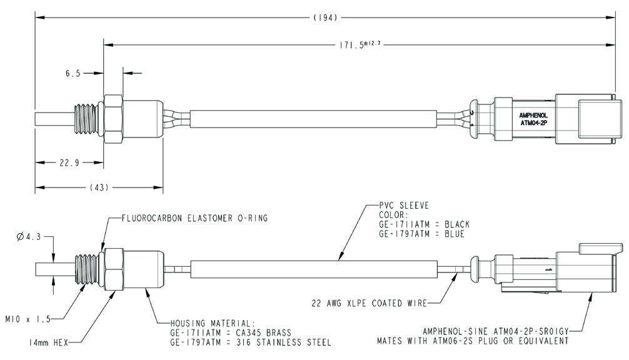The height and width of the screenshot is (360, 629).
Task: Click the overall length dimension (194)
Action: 325,19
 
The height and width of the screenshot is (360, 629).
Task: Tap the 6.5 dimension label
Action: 73,73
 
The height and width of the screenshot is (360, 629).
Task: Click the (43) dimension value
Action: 100,187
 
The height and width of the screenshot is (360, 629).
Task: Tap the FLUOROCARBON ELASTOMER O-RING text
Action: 194,218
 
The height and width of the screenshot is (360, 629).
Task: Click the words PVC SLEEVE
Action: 405,205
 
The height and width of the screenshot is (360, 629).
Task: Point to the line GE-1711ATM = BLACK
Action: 425,224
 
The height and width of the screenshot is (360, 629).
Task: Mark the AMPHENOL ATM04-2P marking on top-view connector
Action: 533,119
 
